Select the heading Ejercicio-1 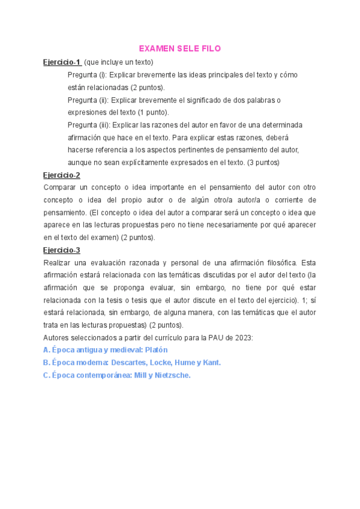(x=62, y=62)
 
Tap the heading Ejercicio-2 (x=62, y=175)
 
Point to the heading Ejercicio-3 (x=62, y=250)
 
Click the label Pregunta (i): (x=88, y=74)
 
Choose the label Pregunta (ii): (x=89, y=100)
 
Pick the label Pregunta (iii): (x=90, y=125)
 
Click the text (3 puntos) (x=263, y=162)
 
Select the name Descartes (x=128, y=363)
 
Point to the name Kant (x=211, y=363)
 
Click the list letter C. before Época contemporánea (x=47, y=375)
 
